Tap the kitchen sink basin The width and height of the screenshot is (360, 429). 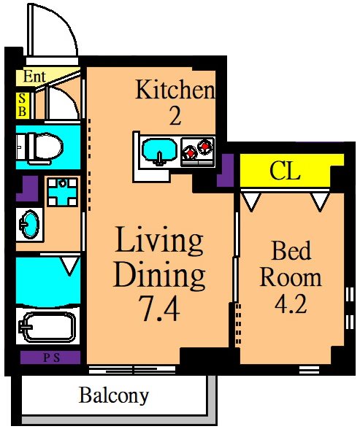[160, 152]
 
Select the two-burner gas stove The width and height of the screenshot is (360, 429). [198, 152]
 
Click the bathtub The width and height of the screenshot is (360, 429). [47, 327]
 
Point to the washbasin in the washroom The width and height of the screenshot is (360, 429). [29, 225]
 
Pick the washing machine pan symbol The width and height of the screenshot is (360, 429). [62, 192]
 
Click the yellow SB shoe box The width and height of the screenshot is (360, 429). [22, 106]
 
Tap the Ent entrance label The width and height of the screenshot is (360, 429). [34, 77]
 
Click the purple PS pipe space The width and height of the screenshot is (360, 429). [50, 357]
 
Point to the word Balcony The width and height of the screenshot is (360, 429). [114, 395]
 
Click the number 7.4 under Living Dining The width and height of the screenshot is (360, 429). [159, 309]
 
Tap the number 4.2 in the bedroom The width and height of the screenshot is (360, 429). [291, 304]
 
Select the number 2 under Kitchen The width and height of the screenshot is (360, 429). [175, 116]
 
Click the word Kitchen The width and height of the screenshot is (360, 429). [175, 89]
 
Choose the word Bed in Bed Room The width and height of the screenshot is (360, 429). [291, 250]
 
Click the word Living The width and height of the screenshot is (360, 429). [159, 240]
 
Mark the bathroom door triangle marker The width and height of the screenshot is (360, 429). [70, 266]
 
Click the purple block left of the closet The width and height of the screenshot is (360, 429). [226, 170]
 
